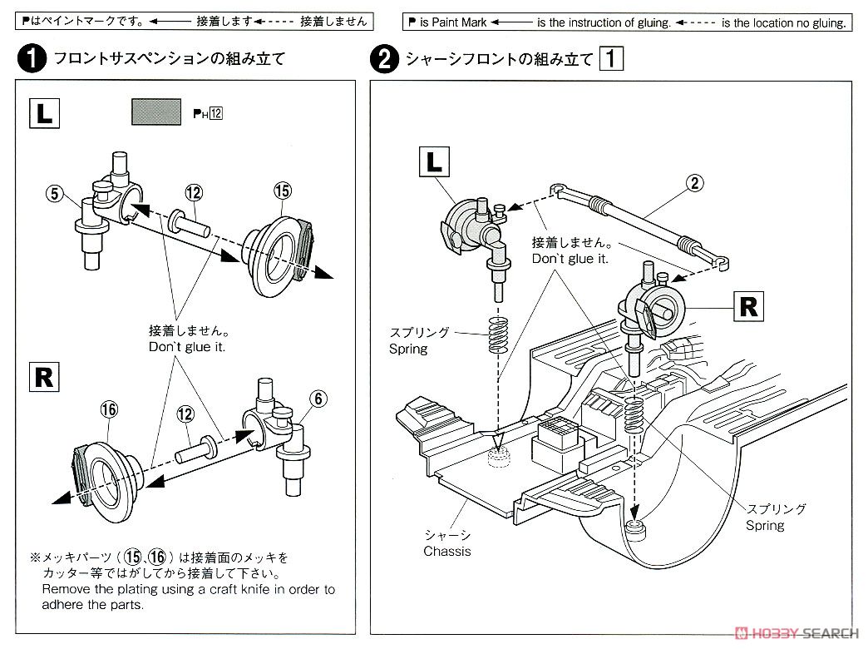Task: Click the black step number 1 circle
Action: [x=32, y=58]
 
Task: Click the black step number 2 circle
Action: [x=384, y=59]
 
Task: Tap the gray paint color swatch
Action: [x=156, y=112]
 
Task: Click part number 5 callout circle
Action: [x=54, y=193]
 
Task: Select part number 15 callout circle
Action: [x=283, y=191]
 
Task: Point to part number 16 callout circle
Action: [x=109, y=409]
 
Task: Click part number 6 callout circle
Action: [x=318, y=399]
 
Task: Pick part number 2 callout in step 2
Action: [x=695, y=182]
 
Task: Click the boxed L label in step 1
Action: [x=44, y=114]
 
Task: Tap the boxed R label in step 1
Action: [x=44, y=378]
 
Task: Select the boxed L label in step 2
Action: [x=434, y=162]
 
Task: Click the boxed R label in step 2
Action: [x=748, y=306]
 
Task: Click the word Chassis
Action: [x=447, y=551]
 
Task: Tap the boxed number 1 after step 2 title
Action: [x=611, y=58]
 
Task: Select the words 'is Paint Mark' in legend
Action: [x=453, y=22]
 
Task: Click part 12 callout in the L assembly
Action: [x=194, y=192]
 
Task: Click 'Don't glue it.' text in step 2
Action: [x=570, y=258]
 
